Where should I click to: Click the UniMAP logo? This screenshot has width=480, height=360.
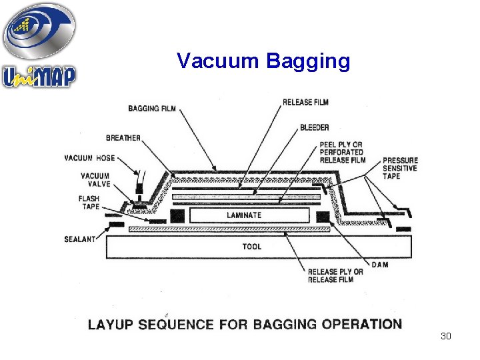pos(39,45)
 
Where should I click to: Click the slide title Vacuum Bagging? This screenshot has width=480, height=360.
pos(263,61)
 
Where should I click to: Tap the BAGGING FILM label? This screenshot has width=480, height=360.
pos(152,109)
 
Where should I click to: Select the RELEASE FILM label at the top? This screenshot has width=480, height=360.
pos(305,102)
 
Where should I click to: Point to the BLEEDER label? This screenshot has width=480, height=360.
pos(314,127)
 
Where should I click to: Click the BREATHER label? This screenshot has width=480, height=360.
pos(123,138)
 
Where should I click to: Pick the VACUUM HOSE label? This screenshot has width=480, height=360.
pos(89,159)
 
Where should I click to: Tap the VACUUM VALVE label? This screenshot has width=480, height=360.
pos(95,180)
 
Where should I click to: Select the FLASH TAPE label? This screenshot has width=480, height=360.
pos(89,203)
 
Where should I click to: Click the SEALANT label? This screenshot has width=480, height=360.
pos(80,239)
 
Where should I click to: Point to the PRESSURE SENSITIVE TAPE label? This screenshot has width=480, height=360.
pos(400,168)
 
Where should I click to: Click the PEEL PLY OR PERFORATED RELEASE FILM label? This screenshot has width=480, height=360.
pos(343,152)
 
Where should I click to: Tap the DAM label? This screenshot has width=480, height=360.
pos(380,265)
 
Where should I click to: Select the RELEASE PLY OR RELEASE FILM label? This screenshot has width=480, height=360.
pos(335,275)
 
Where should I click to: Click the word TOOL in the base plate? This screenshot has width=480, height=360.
pos(252,247)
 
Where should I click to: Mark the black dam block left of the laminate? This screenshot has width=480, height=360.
pos(177,215)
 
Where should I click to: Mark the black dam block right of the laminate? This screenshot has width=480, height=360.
pos(323,215)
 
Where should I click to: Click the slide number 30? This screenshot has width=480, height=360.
pos(446,336)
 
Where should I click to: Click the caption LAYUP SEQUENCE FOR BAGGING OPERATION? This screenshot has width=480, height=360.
pos(245,325)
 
